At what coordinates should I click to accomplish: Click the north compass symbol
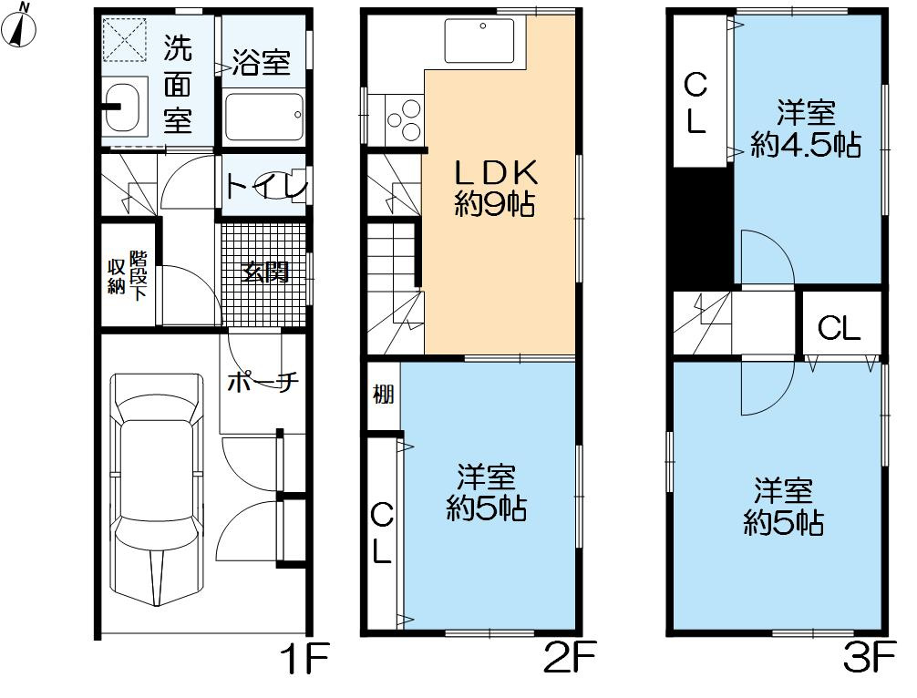[x=19, y=26]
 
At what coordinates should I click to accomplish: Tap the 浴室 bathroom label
[x=261, y=61]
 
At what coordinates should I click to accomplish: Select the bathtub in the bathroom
[x=263, y=115]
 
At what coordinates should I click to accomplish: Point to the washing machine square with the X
[x=125, y=40]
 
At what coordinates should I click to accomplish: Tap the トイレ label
[x=265, y=187]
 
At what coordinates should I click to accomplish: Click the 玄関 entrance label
[x=265, y=272]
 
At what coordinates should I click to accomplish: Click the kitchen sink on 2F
[x=479, y=40]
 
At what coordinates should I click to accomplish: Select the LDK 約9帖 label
[x=495, y=189]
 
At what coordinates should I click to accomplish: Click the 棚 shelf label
[x=383, y=395]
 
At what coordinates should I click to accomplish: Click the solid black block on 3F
[x=702, y=228]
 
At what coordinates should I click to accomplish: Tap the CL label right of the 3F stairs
[x=839, y=329]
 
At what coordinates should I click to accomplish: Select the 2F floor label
[x=569, y=658]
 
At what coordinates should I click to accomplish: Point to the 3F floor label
[x=870, y=658]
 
